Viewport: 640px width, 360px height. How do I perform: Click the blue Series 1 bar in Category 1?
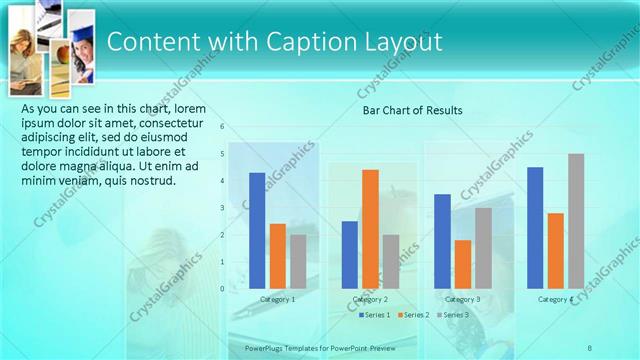257,231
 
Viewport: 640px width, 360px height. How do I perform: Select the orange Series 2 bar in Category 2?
370,229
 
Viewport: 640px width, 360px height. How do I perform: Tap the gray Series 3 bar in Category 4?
576,221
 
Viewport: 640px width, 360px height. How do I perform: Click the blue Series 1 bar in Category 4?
535,228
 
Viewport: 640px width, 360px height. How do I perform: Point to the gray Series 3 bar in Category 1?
298,262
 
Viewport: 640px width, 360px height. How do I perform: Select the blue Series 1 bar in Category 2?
350,255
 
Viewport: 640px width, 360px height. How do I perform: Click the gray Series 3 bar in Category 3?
483,248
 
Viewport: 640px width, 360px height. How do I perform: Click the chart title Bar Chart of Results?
412,110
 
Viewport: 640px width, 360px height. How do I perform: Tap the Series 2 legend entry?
414,315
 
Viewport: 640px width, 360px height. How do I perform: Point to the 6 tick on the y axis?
222,127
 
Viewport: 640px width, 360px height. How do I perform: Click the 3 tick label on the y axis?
222,208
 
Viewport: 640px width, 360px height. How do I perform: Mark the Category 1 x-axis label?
277,300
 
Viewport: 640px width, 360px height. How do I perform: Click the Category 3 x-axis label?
463,300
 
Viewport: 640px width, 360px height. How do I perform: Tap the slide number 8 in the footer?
590,347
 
